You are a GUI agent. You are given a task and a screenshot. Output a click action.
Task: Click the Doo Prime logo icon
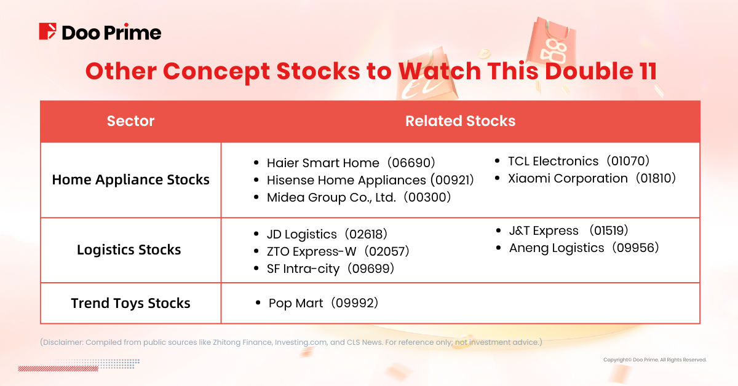pos(48,31)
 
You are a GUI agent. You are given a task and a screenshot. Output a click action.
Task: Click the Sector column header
pos(130,121)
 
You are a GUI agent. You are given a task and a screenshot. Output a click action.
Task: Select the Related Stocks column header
pos(460,121)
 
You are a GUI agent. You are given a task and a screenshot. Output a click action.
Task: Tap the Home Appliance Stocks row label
pos(130,180)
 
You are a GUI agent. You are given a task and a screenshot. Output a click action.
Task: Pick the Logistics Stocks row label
pos(129,250)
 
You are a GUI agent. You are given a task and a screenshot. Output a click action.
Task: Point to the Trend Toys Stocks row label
pos(130,303)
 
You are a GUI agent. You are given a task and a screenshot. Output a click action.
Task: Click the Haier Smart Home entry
pos(351,163)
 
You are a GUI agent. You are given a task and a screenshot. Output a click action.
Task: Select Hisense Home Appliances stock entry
pos(370,180)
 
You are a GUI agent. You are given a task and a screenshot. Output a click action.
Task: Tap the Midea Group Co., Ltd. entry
pos(359,197)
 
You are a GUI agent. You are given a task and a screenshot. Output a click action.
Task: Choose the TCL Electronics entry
pos(579,161)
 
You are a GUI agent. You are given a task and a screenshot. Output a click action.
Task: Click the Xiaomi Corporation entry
pos(592,178)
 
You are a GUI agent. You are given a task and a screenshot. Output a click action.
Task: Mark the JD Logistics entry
pos(327,234)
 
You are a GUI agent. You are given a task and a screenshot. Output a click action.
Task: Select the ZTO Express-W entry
pos(338,251)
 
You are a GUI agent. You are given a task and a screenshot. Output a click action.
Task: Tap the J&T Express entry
pos(568,230)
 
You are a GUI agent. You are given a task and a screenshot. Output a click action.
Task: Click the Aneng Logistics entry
pos(584,248)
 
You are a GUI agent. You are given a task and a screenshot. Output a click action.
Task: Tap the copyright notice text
pos(655,360)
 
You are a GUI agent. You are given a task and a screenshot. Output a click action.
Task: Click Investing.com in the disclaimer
pos(301,342)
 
